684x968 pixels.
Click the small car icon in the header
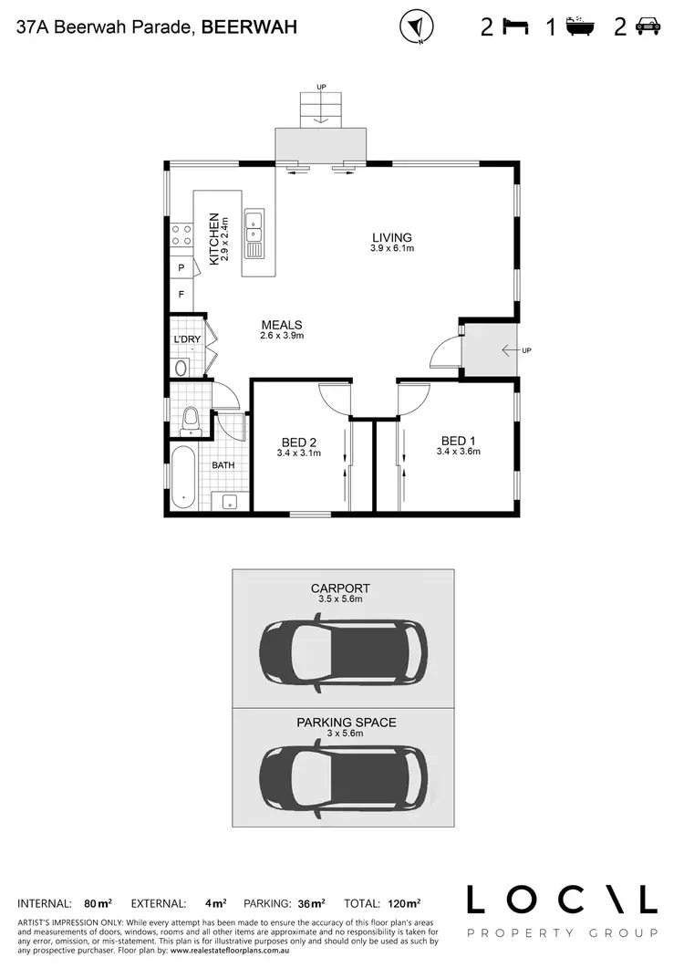point(648,26)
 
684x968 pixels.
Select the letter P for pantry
point(181,268)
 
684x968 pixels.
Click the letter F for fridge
point(181,295)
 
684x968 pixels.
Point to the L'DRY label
point(187,340)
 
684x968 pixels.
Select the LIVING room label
point(392,238)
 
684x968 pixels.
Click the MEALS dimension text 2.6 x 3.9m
point(281,336)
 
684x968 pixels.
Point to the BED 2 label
point(299,442)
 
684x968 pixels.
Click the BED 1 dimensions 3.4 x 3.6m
point(458,451)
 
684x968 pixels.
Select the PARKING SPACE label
point(346,722)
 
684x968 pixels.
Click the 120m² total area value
point(401,903)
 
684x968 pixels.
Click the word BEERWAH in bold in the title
point(248,27)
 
